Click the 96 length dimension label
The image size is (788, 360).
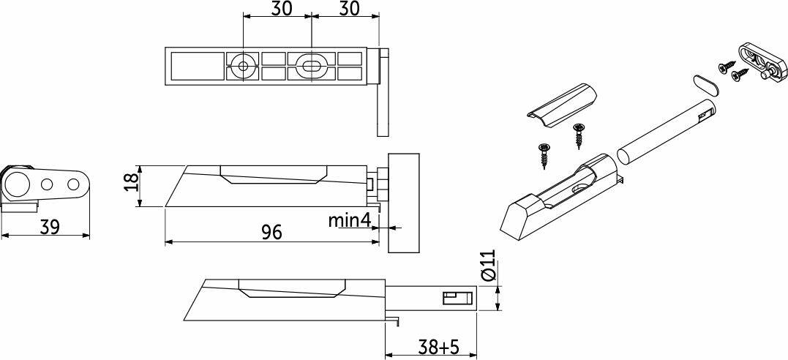(x=272, y=232)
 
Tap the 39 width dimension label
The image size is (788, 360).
(x=49, y=227)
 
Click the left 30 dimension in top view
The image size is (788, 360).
(x=282, y=9)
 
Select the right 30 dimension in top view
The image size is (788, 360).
(x=350, y=9)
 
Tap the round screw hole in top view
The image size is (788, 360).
(x=243, y=66)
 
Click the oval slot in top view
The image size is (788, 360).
(x=312, y=66)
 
